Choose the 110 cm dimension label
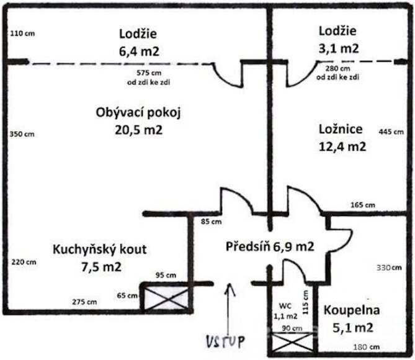pos(22,33)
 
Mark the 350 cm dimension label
pos(22,134)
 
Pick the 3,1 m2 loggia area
pos(338,47)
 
